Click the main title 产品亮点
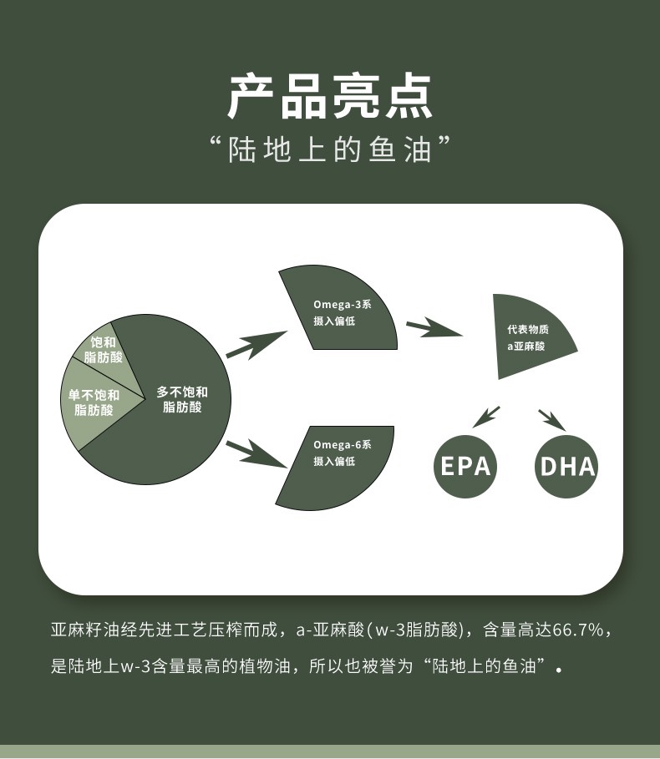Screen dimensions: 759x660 (x=330, y=98)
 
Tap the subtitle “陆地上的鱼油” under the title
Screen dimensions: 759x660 (x=330, y=149)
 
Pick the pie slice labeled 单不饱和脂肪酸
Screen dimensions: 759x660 (x=93, y=402)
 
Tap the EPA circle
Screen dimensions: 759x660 (x=465, y=465)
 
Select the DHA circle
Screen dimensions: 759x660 (x=567, y=465)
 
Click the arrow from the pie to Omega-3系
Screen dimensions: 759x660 (x=256, y=343)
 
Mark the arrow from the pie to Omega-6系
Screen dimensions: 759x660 (x=256, y=452)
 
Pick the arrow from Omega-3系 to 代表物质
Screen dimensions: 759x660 (x=434, y=328)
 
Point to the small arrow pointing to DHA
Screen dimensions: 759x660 (x=551, y=417)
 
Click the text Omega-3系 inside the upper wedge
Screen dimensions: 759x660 (x=343, y=305)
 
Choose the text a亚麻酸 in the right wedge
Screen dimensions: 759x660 (x=526, y=346)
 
